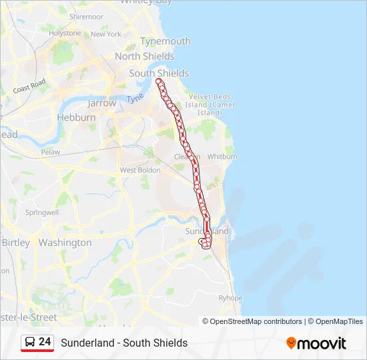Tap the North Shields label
click(144, 57)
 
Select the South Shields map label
click(159, 73)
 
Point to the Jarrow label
click(101, 103)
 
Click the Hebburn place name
click(76, 117)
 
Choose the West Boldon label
click(140, 170)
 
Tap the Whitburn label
click(222, 157)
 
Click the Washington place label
click(65, 243)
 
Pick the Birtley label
click(16, 243)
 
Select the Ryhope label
click(231, 298)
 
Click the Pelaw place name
click(50, 152)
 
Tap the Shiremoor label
click(86, 16)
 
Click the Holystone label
click(65, 33)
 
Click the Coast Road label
click(29, 86)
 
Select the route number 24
click(45, 342)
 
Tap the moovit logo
click(316, 343)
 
